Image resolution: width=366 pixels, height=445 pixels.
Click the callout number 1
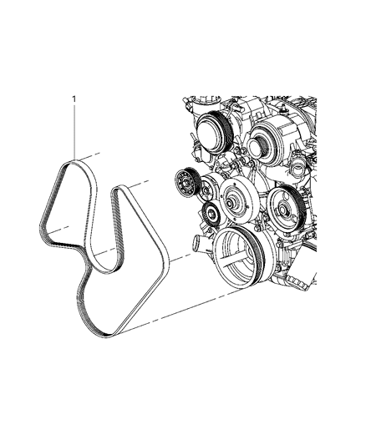pos(74,99)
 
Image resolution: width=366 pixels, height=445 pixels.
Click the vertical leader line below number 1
pos(74,133)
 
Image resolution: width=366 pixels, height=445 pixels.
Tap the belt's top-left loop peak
pos(74,162)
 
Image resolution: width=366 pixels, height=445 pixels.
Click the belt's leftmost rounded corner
pos(41,229)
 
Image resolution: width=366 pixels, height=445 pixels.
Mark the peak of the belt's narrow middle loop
pos(117,188)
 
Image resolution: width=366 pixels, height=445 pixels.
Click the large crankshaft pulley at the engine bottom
pos(239,257)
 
